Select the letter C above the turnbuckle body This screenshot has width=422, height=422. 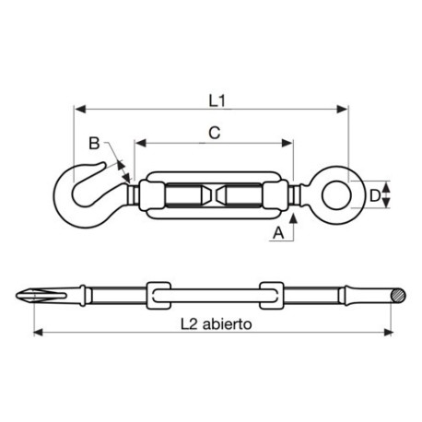point(213,133)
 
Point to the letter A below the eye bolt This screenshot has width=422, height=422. point(277,234)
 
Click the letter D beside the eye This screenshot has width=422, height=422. point(374,195)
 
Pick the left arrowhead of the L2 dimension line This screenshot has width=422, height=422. point(37,333)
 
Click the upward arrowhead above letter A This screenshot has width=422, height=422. point(294,218)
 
